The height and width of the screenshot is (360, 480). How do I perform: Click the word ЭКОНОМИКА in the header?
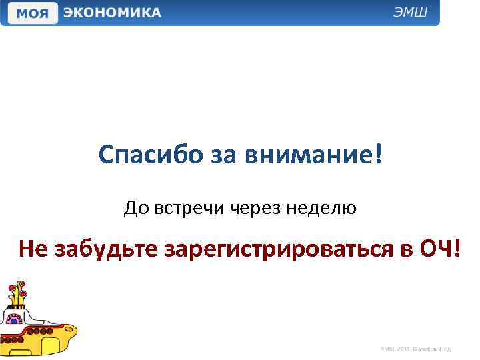click(112, 13)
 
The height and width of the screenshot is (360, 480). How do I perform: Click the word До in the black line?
click(133, 209)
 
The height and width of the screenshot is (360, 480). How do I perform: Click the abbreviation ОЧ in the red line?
click(433, 249)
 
